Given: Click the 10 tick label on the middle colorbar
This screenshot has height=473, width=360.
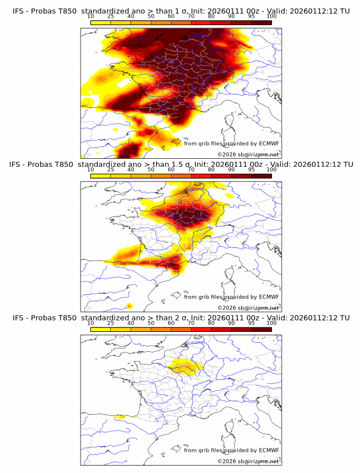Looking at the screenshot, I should coord(90,170).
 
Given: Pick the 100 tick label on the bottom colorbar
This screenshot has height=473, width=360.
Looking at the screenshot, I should coord(271,323).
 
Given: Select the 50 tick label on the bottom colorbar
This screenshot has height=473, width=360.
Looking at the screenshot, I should coord(151,323).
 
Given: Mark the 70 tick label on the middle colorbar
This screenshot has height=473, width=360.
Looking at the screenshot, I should coord(191,170).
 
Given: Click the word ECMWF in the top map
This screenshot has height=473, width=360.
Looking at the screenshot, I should coord(269,144).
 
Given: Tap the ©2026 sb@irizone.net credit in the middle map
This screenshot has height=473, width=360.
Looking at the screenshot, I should coord(248,308).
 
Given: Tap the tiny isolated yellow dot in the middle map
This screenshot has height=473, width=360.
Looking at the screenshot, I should coord(130,306).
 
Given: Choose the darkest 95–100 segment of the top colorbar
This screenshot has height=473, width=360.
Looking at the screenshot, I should coord(261,22).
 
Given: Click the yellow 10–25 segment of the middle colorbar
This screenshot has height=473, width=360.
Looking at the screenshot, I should coord(101,175).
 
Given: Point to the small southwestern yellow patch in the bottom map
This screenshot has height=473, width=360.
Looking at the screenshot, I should coord(120,417).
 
